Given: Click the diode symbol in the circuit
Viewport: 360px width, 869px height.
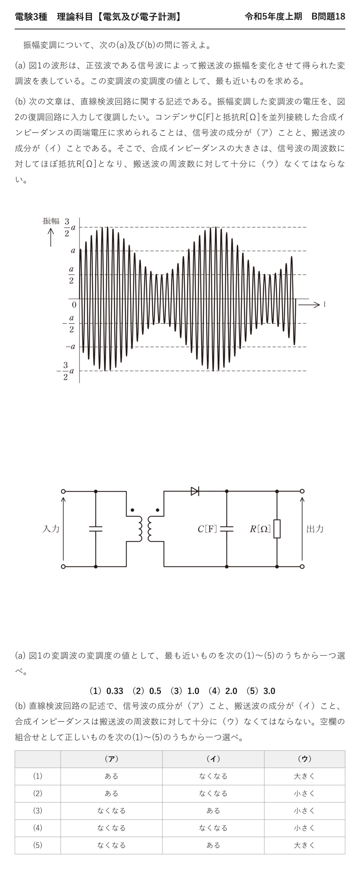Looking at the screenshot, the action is tap(195, 491).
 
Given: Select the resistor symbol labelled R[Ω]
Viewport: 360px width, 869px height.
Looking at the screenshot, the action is tap(277, 529).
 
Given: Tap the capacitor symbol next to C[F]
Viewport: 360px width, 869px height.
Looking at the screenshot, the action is tap(227, 529).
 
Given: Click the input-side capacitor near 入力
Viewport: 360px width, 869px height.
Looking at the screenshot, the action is tap(95, 529).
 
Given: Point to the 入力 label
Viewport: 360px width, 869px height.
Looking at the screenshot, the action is tap(51, 529).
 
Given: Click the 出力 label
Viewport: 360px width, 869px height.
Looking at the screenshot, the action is tap(315, 529).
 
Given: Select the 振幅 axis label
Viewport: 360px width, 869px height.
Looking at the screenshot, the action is tap(51, 221).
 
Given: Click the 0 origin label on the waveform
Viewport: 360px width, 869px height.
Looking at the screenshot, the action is tap(74, 305).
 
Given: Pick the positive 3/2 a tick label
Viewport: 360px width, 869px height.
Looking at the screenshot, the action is tap(70, 227).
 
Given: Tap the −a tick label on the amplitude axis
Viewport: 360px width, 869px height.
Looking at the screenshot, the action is tap(71, 347).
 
